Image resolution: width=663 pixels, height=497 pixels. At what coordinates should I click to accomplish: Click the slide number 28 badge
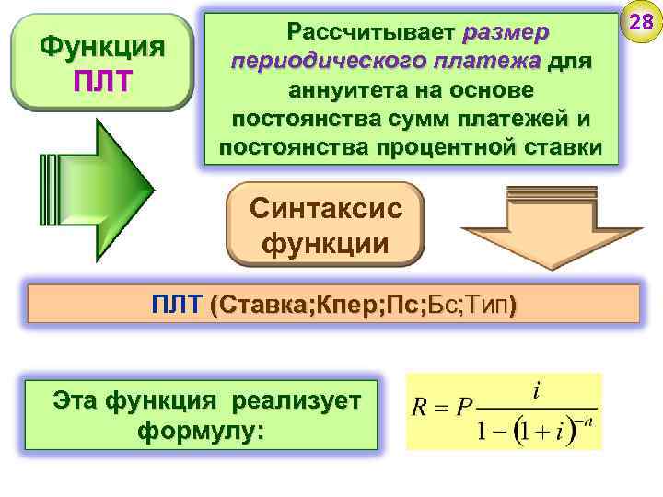click(640, 23)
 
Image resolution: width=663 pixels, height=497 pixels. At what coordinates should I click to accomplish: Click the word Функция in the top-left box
click(102, 46)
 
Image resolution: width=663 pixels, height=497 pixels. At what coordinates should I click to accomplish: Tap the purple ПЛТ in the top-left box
click(102, 80)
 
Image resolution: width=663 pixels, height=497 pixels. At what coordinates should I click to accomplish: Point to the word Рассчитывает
click(371, 33)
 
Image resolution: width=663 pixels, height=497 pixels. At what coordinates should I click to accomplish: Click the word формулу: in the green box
click(198, 431)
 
